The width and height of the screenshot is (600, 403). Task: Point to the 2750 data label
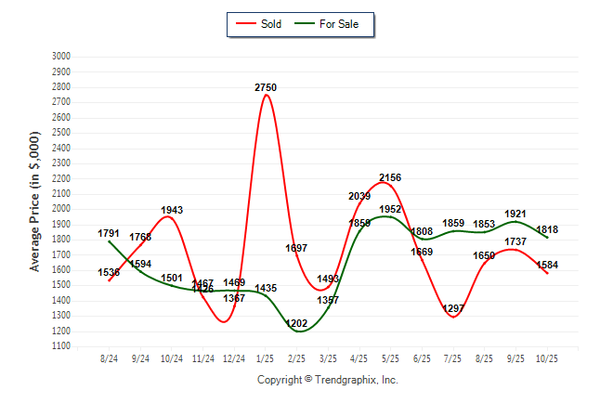tap(266, 87)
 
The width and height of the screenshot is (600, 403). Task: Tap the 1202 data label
tap(297, 323)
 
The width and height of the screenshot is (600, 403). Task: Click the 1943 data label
tap(172, 210)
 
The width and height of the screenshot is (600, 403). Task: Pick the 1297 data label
tap(454, 308)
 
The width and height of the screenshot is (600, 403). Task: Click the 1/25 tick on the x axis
tap(266, 357)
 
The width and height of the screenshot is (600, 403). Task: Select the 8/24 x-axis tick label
tap(110, 357)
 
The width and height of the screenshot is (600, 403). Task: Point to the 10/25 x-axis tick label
tap(547, 357)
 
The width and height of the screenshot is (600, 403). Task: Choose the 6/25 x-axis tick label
tap(422, 357)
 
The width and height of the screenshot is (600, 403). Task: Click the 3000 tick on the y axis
tap(61, 57)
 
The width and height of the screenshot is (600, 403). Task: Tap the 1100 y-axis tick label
tap(61, 346)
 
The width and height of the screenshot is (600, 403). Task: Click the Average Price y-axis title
tap(35, 201)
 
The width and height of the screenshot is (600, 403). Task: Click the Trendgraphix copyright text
tap(327, 380)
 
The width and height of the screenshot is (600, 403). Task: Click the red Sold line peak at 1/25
tap(266, 96)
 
